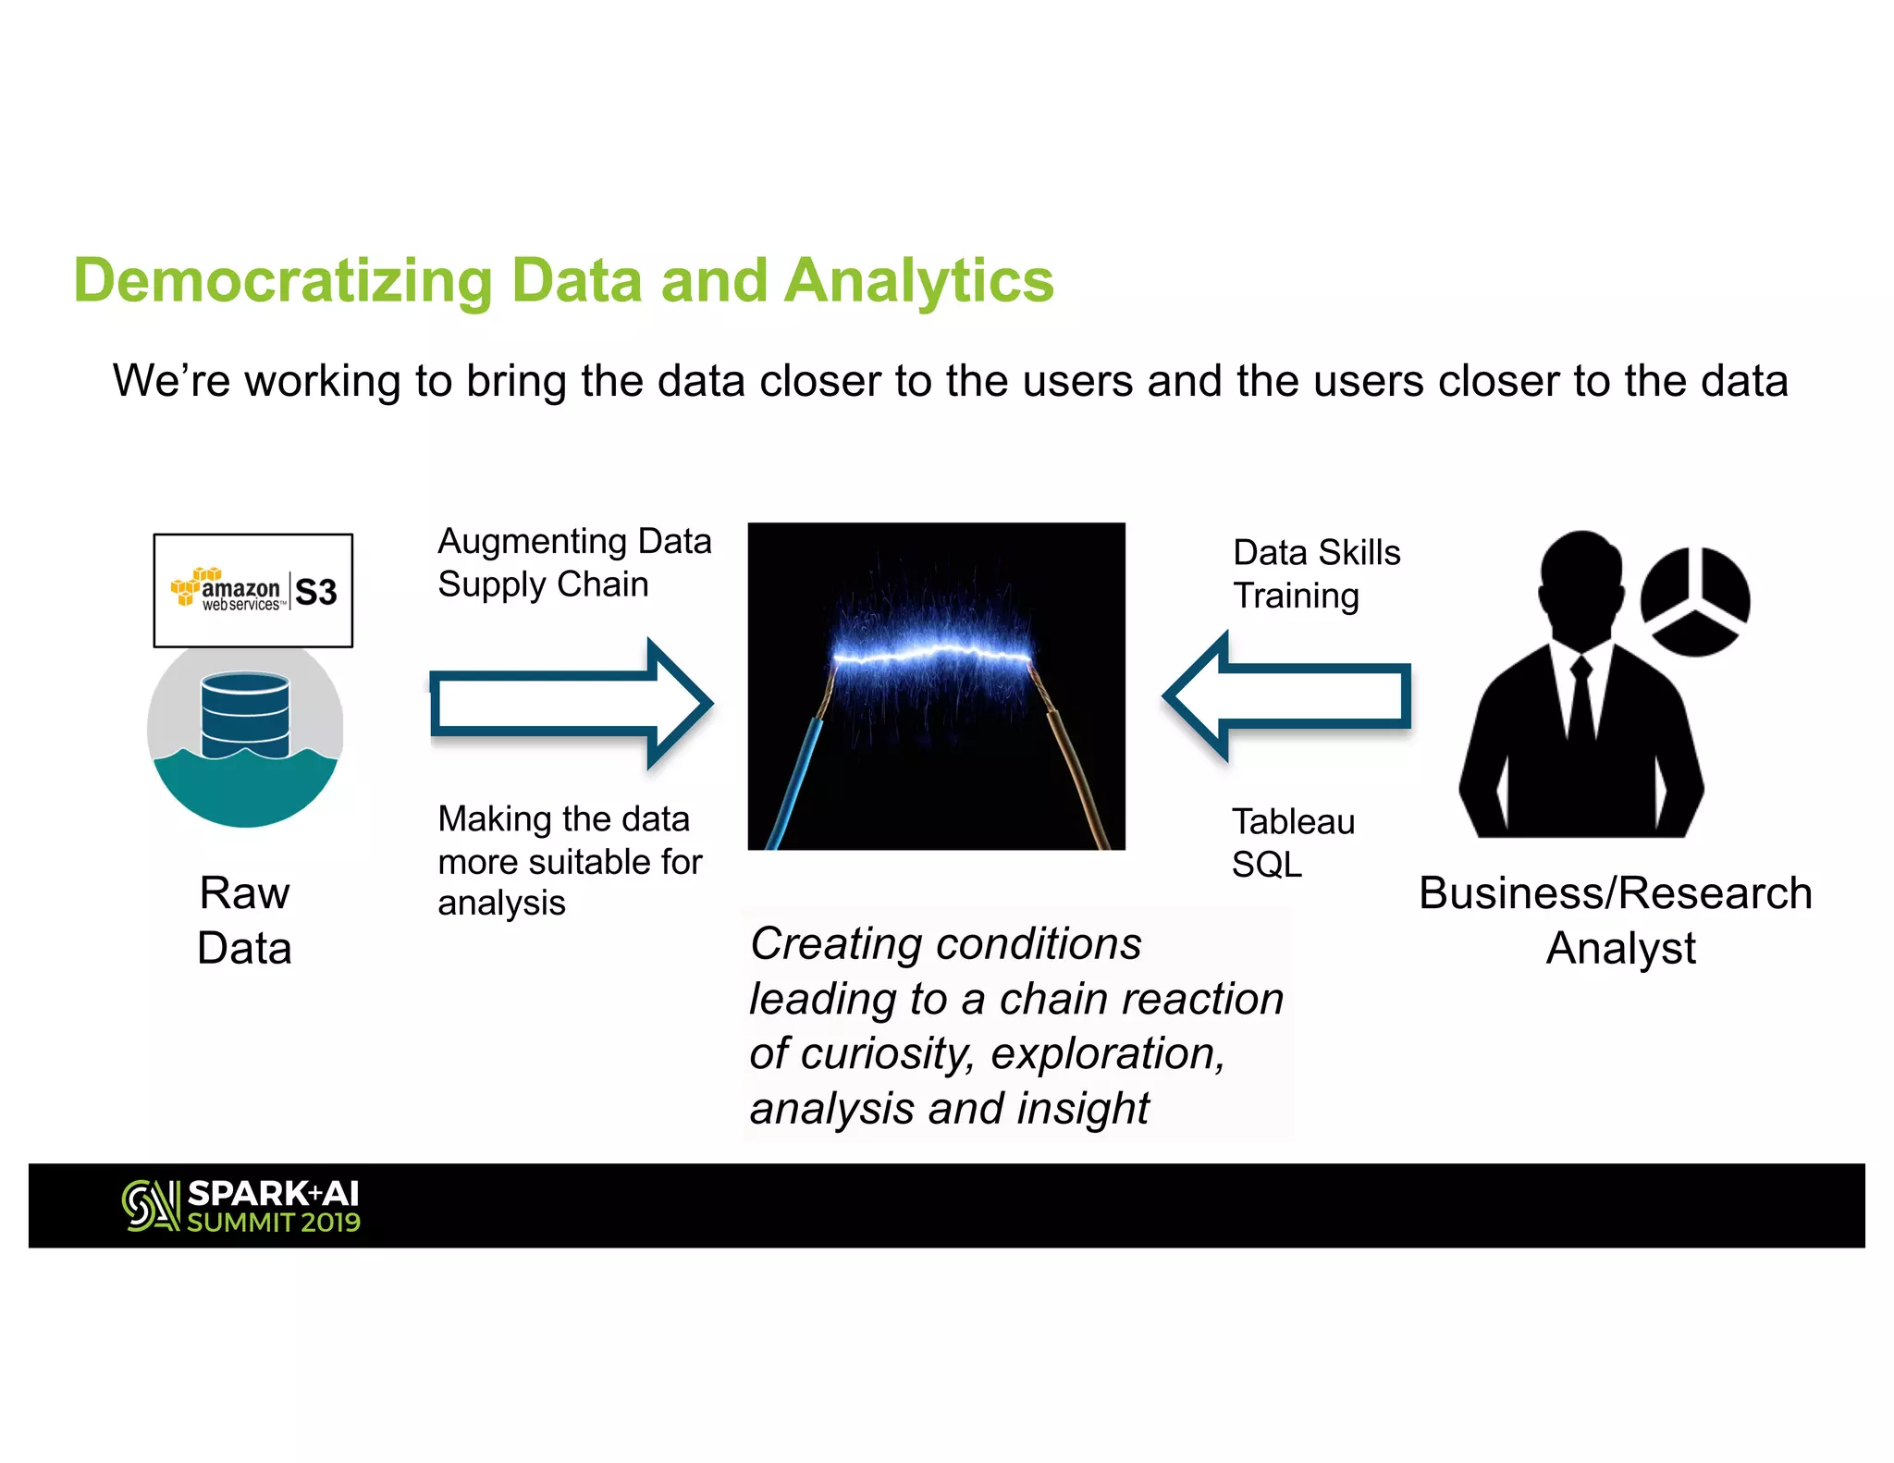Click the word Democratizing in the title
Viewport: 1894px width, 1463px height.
(282, 281)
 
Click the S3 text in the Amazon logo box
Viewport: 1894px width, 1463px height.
(316, 592)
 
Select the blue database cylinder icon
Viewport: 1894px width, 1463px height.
(245, 714)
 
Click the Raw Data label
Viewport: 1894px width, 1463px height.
(245, 920)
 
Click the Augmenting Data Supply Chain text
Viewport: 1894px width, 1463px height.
(573, 562)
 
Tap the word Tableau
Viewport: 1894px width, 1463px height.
(1293, 821)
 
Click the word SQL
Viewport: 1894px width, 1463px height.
(1266, 865)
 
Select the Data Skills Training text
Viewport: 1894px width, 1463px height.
(1316, 573)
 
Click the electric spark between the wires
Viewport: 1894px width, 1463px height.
(932, 656)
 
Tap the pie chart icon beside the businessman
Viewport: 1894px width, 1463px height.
(1694, 601)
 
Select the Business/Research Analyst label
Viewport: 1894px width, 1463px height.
(1617, 920)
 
